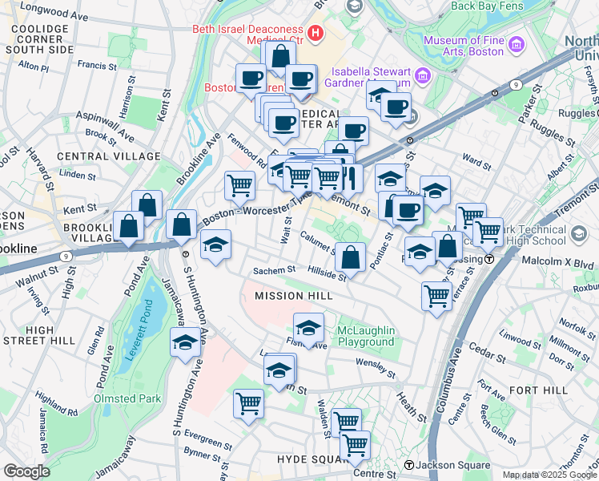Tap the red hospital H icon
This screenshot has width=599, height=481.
tap(316, 34)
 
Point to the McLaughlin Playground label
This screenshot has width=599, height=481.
tap(366, 337)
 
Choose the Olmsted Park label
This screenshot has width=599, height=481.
tap(127, 398)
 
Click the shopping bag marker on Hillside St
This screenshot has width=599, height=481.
tap(350, 258)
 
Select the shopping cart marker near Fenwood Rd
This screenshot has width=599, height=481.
tap(239, 186)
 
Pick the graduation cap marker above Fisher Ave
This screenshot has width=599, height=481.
tap(308, 328)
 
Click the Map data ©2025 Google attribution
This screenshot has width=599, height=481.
tap(549, 475)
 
